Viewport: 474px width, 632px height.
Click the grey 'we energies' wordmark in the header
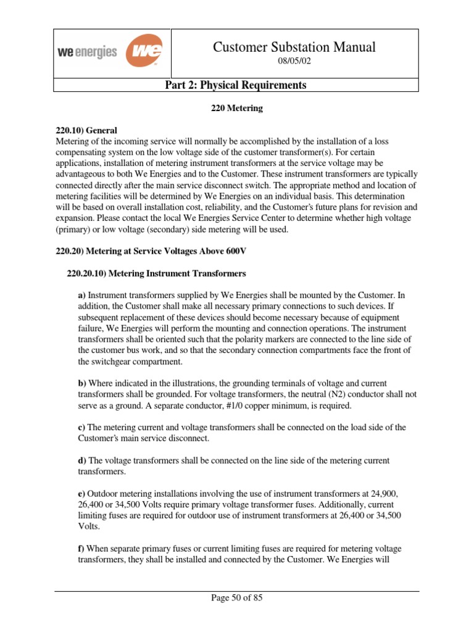[87, 52]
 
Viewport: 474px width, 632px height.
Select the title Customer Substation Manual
[294, 47]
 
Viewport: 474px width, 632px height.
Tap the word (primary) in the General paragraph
[73, 230]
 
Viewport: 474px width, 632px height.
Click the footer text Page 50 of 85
[236, 598]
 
